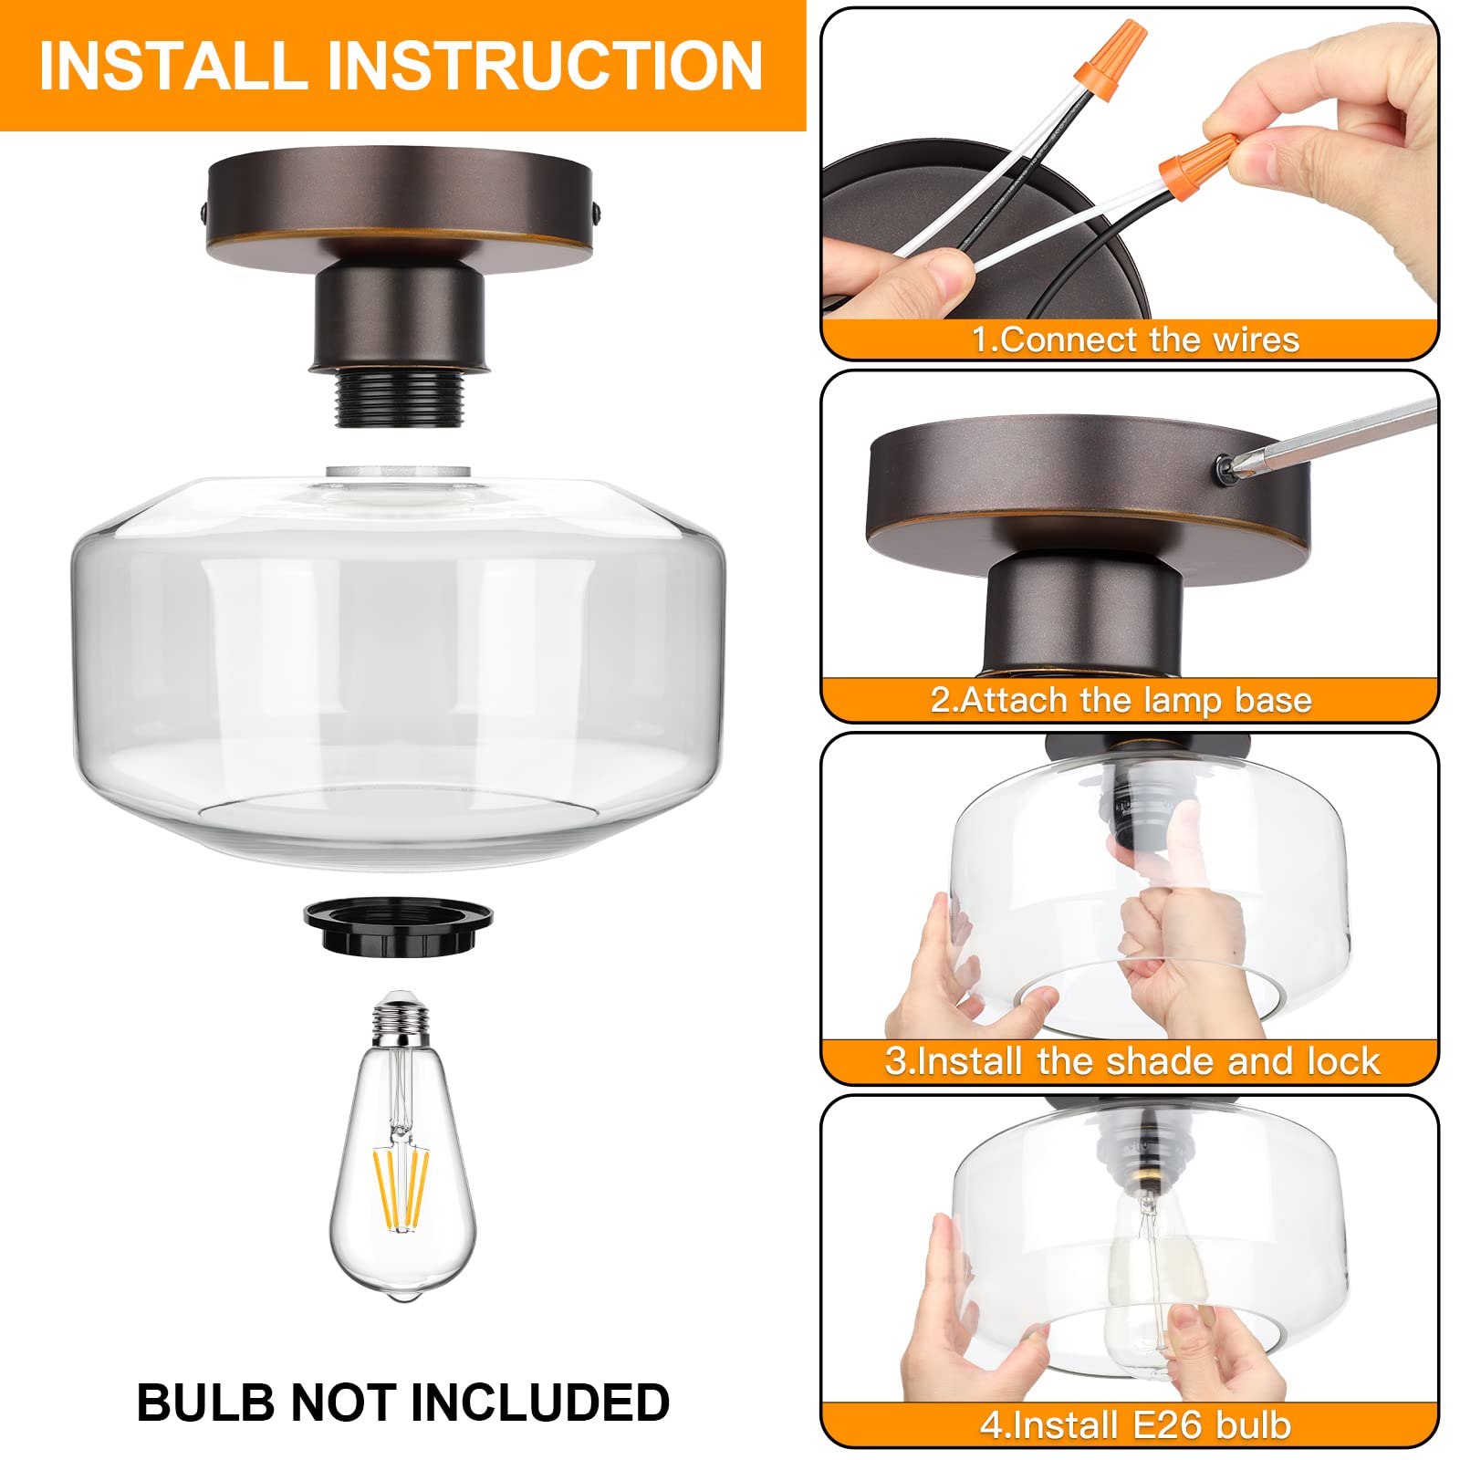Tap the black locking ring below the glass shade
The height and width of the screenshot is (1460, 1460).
point(398,925)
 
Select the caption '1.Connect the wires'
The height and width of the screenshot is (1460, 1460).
point(1134,339)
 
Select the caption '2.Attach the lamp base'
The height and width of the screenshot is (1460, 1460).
point(1121,700)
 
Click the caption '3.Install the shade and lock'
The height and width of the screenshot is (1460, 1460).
point(1131,1061)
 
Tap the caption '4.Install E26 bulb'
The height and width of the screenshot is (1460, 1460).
point(1135,1424)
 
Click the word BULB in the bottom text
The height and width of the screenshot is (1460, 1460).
point(205,1403)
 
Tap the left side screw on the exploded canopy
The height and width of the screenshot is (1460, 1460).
point(203,215)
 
